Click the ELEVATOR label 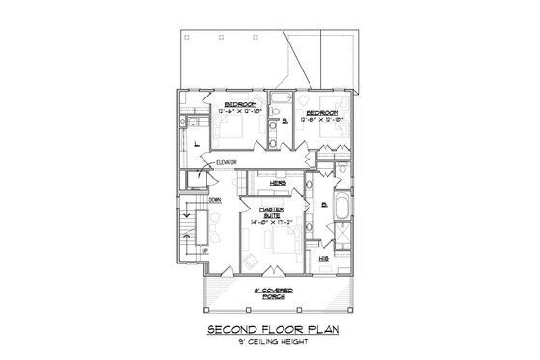[x=227, y=162]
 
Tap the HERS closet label [x=276, y=182]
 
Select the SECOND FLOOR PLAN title [x=270, y=330]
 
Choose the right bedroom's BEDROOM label [x=320, y=112]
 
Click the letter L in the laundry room [x=196, y=143]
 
